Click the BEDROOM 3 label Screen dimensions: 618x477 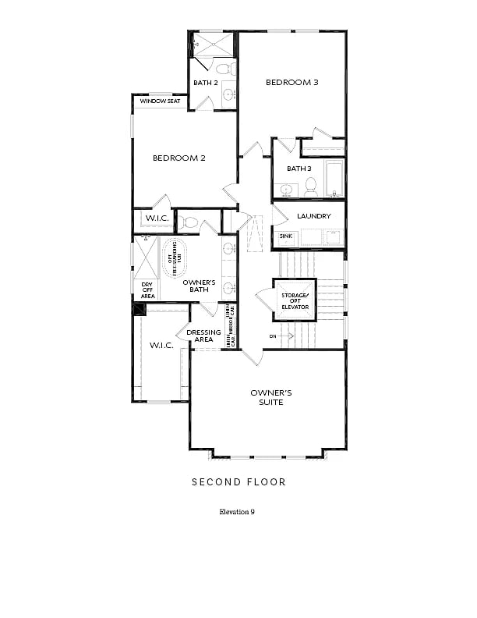292,82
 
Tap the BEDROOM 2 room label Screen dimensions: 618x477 178,158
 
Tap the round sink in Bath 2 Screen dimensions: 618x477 228,96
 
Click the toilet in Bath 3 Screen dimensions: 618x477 310,186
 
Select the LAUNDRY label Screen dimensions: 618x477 313,216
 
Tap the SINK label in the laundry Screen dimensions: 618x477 285,235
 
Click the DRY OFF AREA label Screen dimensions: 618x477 147,290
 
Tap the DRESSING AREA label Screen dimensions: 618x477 203,336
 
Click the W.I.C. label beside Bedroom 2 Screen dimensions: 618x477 153,219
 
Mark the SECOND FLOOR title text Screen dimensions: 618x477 238,482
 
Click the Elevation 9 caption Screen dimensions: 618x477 237,513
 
